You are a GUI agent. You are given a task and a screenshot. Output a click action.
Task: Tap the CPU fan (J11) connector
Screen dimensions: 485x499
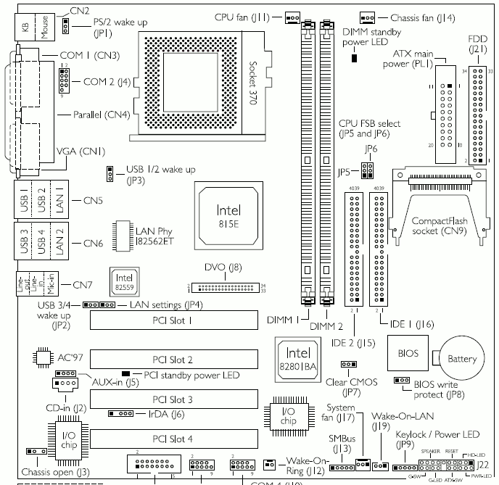click(x=292, y=16)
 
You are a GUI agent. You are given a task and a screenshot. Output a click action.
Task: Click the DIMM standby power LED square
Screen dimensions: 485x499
click(x=354, y=57)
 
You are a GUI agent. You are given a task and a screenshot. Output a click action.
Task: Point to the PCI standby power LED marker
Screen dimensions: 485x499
click(x=136, y=374)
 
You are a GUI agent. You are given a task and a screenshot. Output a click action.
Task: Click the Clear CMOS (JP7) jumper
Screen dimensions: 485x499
click(x=348, y=365)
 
